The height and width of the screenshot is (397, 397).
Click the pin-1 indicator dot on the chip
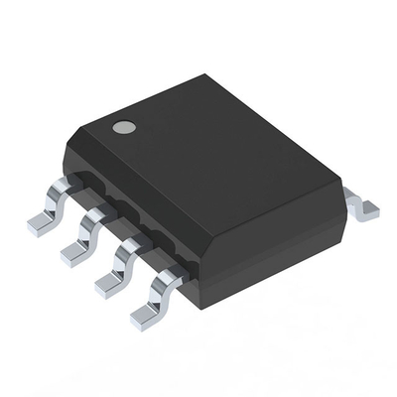click(x=123, y=127)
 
